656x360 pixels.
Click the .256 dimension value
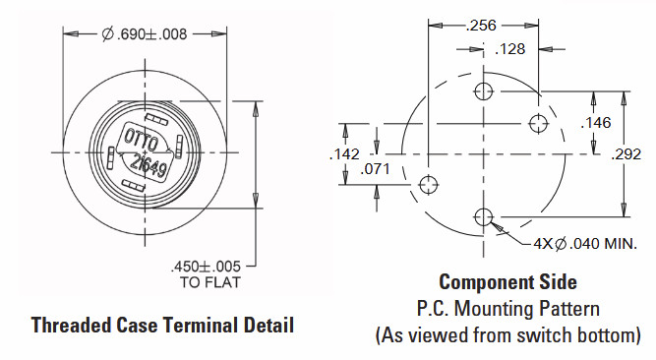(481, 26)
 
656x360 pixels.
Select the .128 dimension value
(510, 49)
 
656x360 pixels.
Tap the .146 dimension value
(596, 123)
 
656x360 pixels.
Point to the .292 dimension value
(626, 154)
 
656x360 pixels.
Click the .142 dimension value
(344, 154)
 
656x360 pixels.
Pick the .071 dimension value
(376, 169)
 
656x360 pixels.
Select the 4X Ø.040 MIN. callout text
(585, 243)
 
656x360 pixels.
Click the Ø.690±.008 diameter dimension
(145, 33)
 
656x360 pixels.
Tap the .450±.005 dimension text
(206, 267)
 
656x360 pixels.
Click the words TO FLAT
(210, 282)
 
